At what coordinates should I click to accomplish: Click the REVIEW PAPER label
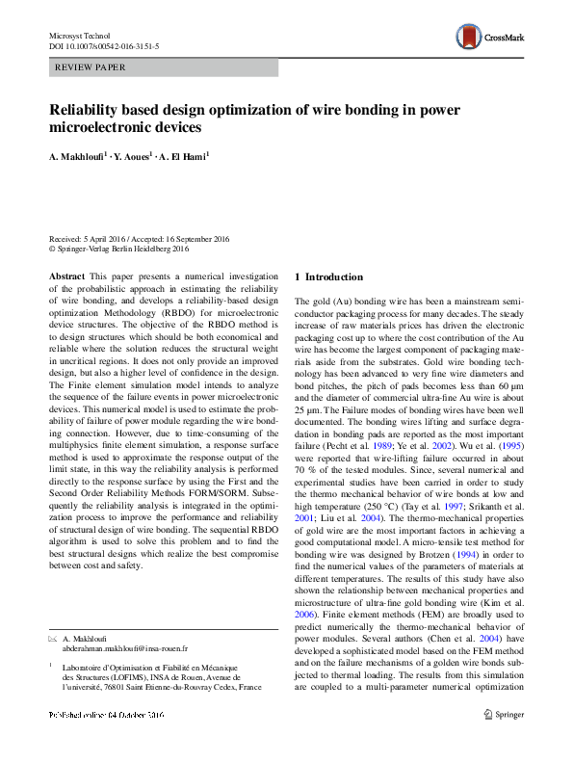pyautogui.click(x=91, y=67)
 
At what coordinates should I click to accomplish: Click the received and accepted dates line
pyautogui.click(x=139, y=239)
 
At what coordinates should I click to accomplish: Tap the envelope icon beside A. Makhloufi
pyautogui.click(x=53, y=640)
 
